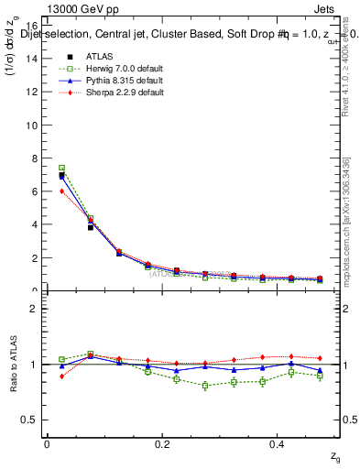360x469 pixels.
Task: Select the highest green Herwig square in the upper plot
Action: [61, 169]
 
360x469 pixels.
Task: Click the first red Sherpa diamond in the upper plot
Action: [61, 191]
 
